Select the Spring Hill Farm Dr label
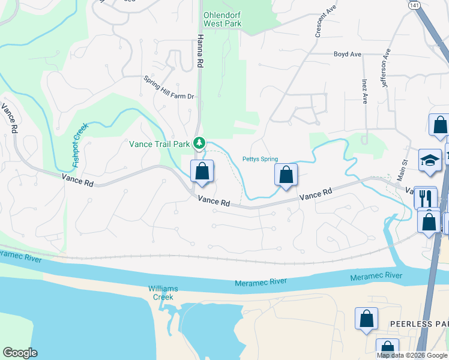pyautogui.click(x=169, y=88)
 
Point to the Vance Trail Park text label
pyautogui.click(x=159, y=144)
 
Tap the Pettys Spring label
pyautogui.click(x=260, y=159)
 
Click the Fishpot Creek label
pyautogui.click(x=80, y=145)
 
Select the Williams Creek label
pyautogui.click(x=161, y=293)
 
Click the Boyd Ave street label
pyautogui.click(x=348, y=55)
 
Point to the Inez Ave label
pyautogui.click(x=364, y=90)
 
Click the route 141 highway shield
pyautogui.click(x=413, y=5)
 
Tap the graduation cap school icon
pyautogui.click(x=429, y=160)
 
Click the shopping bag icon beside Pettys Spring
pyautogui.click(x=286, y=175)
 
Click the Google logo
pyautogui.click(x=20, y=353)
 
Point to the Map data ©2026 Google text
pyautogui.click(x=412, y=355)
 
